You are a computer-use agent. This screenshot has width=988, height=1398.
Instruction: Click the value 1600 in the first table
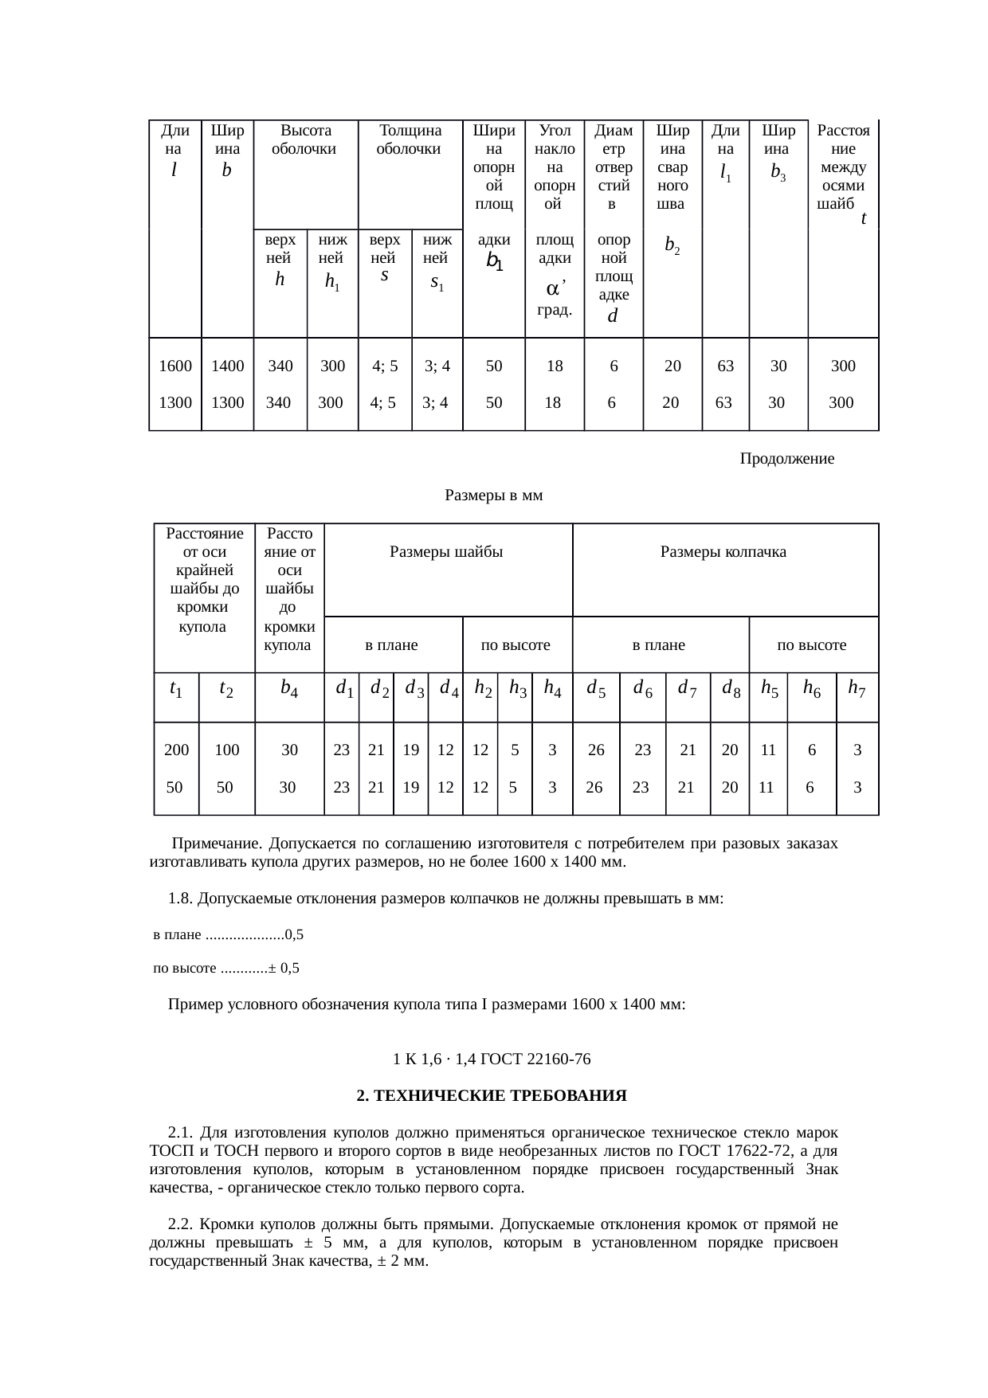coord(175,366)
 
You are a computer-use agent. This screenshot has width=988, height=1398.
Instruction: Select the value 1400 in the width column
coord(227,366)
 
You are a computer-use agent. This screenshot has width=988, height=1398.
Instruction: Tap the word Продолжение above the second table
coord(786,459)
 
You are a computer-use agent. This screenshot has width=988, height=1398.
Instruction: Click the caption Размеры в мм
coord(493,495)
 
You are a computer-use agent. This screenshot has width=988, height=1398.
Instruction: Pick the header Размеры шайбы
coord(446,552)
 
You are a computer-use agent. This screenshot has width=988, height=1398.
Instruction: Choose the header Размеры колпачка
coord(723,552)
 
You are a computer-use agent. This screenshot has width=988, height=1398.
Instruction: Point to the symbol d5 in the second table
coord(596,688)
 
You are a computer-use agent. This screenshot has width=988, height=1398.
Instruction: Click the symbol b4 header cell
coord(289,688)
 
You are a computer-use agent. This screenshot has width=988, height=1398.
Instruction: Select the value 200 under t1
coord(176,750)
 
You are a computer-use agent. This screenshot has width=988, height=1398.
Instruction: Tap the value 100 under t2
coord(227,750)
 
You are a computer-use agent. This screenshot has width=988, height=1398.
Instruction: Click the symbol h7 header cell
coord(857,688)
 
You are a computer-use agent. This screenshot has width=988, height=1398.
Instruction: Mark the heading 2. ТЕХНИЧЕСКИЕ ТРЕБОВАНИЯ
coord(492,1096)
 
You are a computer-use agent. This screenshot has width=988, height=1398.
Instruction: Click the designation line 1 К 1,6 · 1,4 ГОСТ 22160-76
coord(492,1059)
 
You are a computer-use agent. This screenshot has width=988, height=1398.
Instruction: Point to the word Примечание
coord(217,844)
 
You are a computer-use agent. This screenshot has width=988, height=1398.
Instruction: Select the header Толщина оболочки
coord(410,139)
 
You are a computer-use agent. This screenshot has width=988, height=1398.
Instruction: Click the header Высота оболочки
coord(305,139)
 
